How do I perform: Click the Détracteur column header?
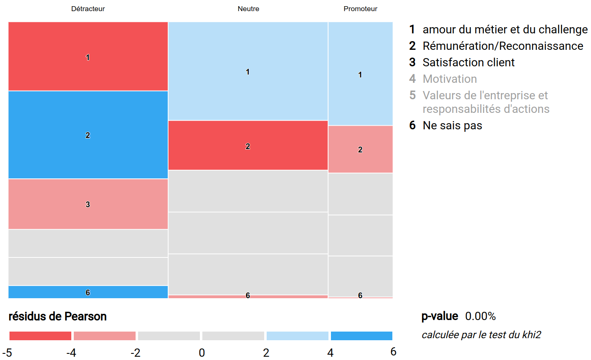[88, 9]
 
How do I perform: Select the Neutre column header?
[248, 9]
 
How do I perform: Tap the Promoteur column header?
[360, 9]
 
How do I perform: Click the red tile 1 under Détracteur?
[88, 56]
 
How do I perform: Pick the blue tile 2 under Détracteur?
[88, 135]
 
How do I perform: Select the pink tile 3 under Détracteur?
[88, 204]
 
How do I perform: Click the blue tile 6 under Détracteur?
[88, 292]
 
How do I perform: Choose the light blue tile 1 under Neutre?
[248, 71]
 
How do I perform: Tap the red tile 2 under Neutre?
[248, 145]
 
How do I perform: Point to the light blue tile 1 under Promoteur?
[360, 74]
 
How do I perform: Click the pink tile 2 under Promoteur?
[360, 149]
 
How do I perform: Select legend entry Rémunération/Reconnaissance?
[502, 46]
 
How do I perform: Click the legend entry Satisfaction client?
[468, 62]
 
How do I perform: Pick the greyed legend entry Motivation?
[449, 79]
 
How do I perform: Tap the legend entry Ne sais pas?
[452, 125]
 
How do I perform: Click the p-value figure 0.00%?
[480, 316]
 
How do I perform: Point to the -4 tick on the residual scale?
[71, 353]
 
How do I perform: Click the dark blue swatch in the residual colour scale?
[361, 336]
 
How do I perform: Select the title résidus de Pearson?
[58, 316]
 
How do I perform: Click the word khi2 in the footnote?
[531, 334]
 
